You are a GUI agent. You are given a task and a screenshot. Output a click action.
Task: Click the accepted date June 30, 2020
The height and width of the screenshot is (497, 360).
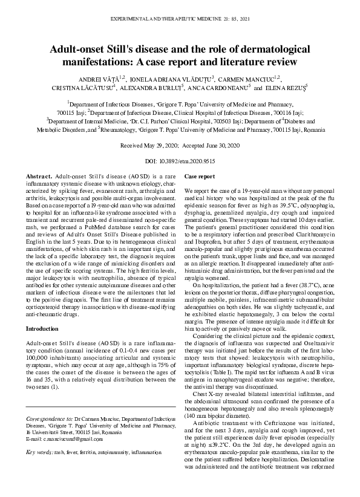tap(220, 145)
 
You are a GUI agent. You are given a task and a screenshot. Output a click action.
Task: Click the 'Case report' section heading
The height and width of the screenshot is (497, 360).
tap(199, 176)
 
